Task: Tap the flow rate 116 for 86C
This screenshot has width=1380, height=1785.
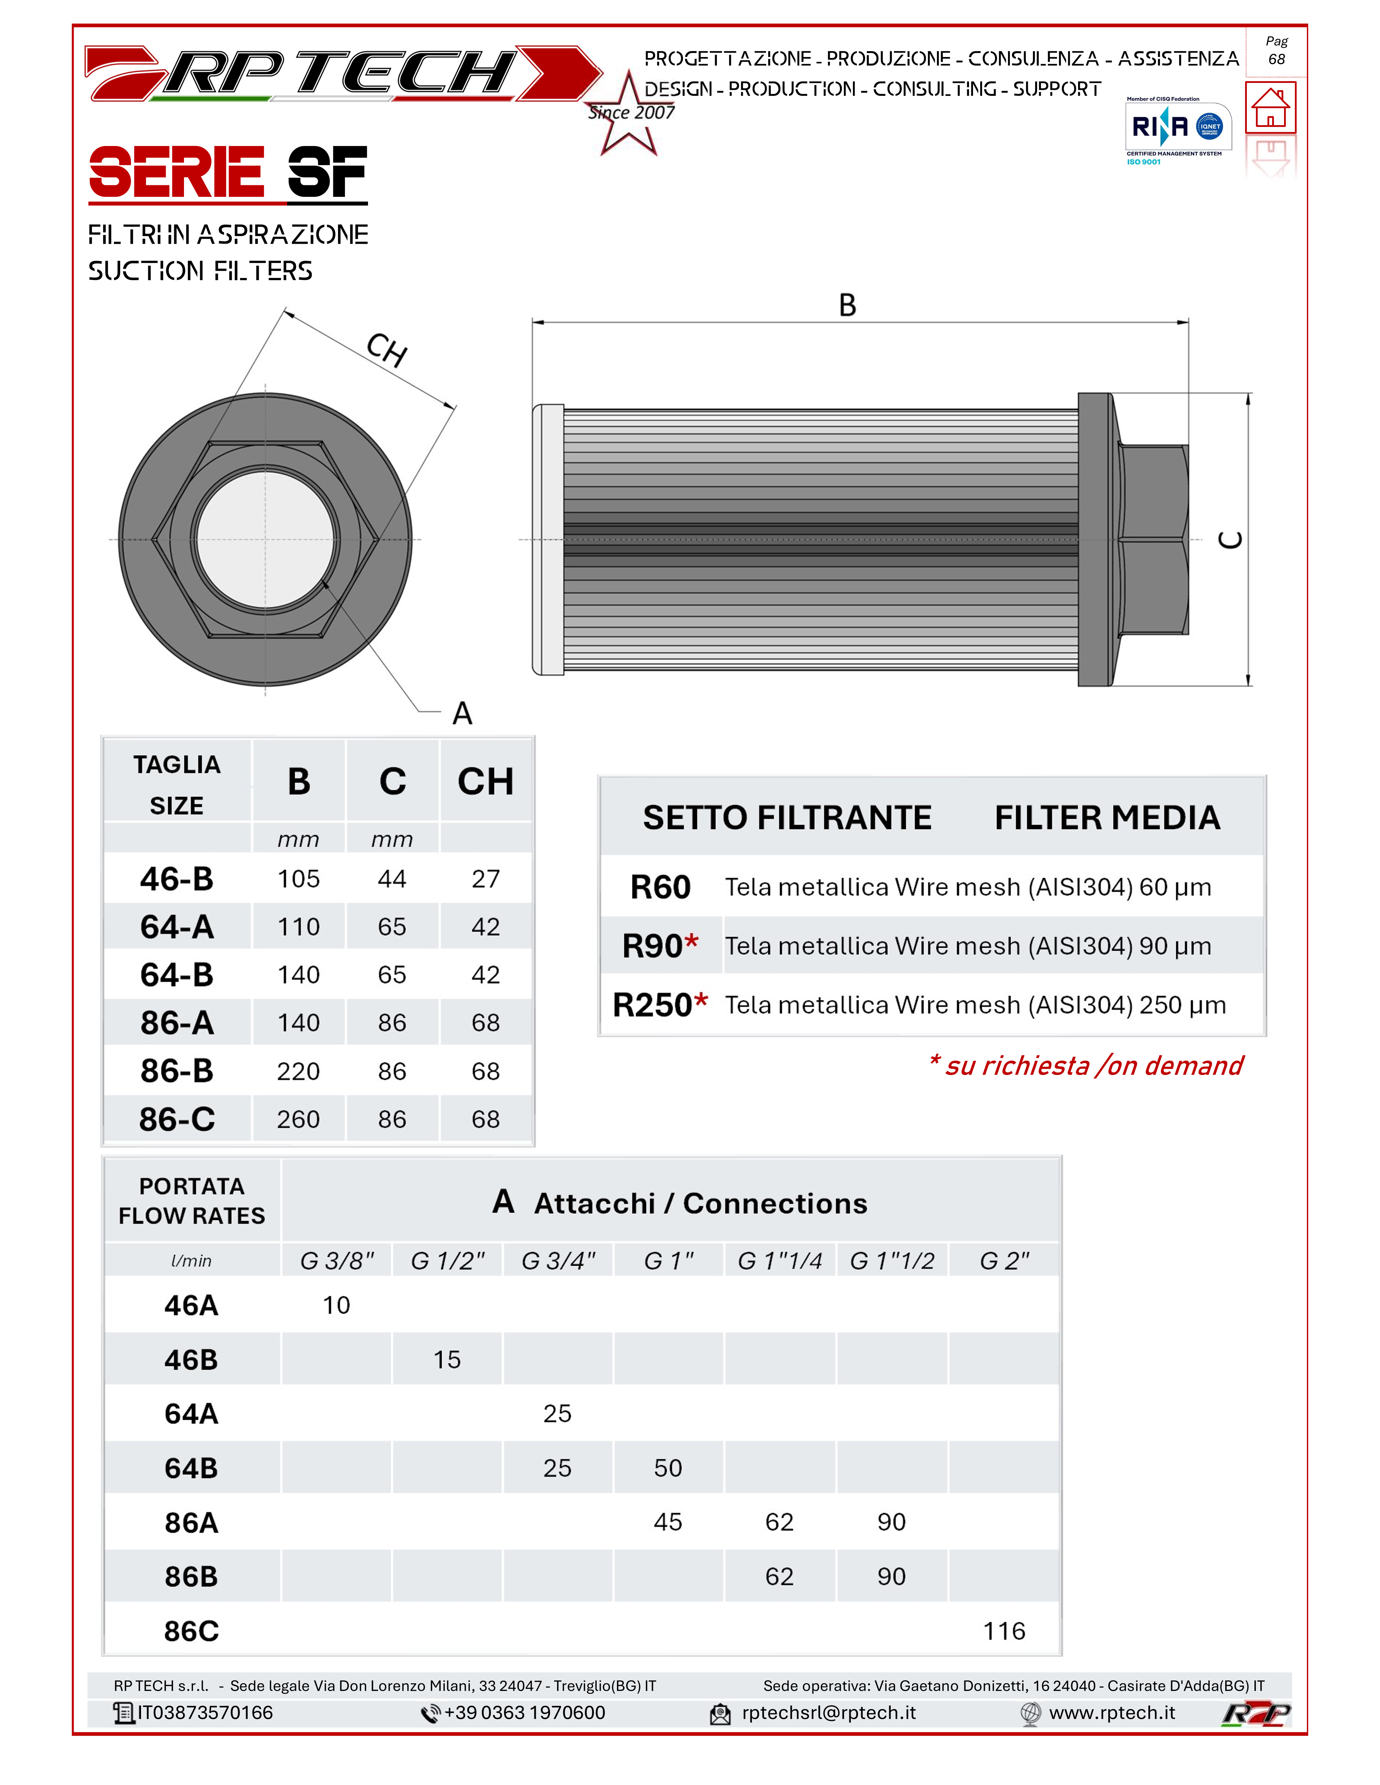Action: [1004, 1631]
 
